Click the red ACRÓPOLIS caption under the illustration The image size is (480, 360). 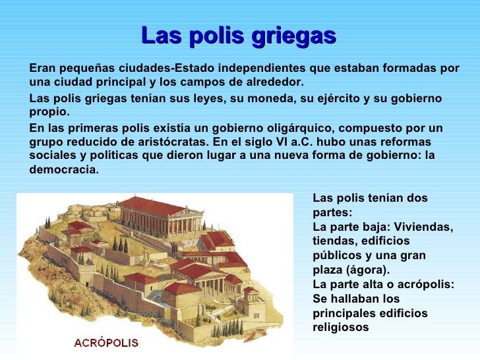(106, 343)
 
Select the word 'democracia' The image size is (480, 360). (64, 169)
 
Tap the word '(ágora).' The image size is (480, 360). (367, 270)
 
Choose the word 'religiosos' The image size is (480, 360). (341, 327)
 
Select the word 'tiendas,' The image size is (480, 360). (334, 241)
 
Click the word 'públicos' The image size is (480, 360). (336, 255)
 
